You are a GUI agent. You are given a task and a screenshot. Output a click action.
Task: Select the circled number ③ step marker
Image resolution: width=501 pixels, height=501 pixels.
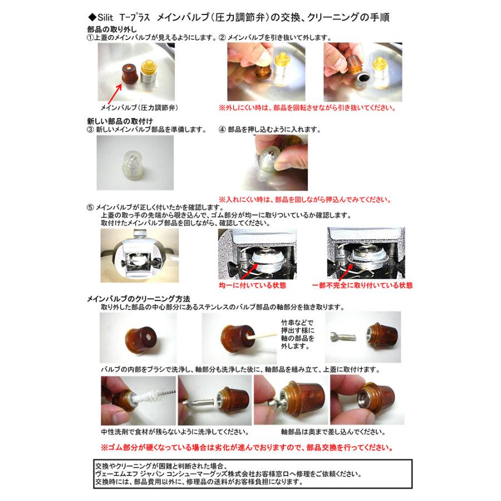(91, 130)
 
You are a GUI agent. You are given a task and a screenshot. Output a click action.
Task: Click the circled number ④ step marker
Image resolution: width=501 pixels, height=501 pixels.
(223, 130)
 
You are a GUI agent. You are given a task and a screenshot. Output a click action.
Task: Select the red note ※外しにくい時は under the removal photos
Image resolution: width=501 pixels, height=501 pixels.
(303, 107)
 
